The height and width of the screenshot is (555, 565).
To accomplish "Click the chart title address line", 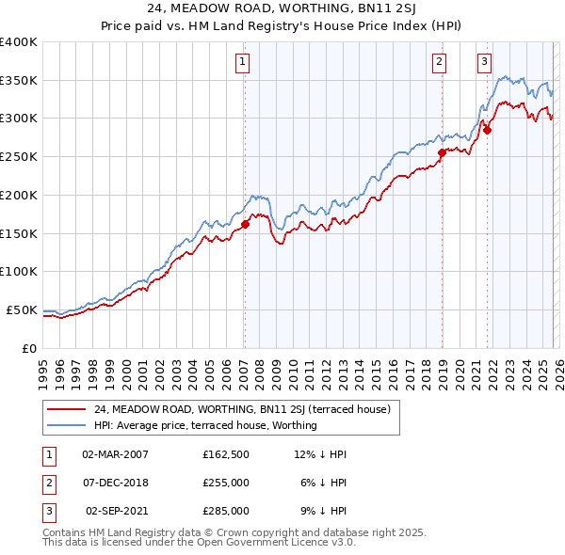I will click(x=282, y=8).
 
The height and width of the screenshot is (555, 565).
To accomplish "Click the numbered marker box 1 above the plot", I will click(x=242, y=63).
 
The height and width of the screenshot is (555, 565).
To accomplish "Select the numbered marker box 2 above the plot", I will click(x=440, y=63).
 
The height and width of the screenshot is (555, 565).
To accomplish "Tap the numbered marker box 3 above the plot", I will click(x=485, y=63).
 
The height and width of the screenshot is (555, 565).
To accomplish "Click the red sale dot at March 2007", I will click(x=245, y=224).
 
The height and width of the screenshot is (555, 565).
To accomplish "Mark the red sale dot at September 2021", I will click(x=487, y=130).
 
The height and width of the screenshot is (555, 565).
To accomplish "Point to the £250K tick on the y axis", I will click(x=19, y=156).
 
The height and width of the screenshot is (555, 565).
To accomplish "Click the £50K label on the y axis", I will click(x=22, y=309).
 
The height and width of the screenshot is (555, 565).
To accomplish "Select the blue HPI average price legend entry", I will click(x=205, y=425).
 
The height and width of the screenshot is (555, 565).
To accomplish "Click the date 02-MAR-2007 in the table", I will click(x=115, y=454).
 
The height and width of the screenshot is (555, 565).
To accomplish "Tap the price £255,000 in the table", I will click(x=226, y=483).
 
